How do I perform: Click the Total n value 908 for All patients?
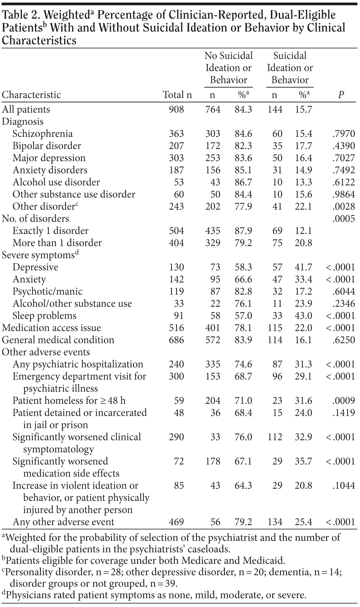(x=176, y=109)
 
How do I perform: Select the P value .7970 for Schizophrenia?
(x=343, y=134)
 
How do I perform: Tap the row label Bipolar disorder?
(x=47, y=146)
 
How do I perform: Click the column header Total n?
(x=177, y=95)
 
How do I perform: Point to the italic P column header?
(x=341, y=95)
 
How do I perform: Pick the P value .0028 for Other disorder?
(x=343, y=206)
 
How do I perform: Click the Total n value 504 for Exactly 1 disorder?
(x=176, y=231)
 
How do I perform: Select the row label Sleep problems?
(x=44, y=316)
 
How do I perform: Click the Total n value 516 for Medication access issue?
(x=176, y=328)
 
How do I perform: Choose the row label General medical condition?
(x=58, y=340)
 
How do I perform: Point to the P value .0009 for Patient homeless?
(x=343, y=401)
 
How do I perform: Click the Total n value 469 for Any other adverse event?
(x=176, y=522)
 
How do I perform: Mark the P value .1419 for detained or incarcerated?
(x=343, y=413)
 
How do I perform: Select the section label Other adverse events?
(x=46, y=352)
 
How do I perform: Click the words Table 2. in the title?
(x=21, y=15)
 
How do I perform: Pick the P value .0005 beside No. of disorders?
(x=343, y=219)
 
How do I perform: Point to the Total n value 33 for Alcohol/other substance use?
(x=179, y=303)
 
